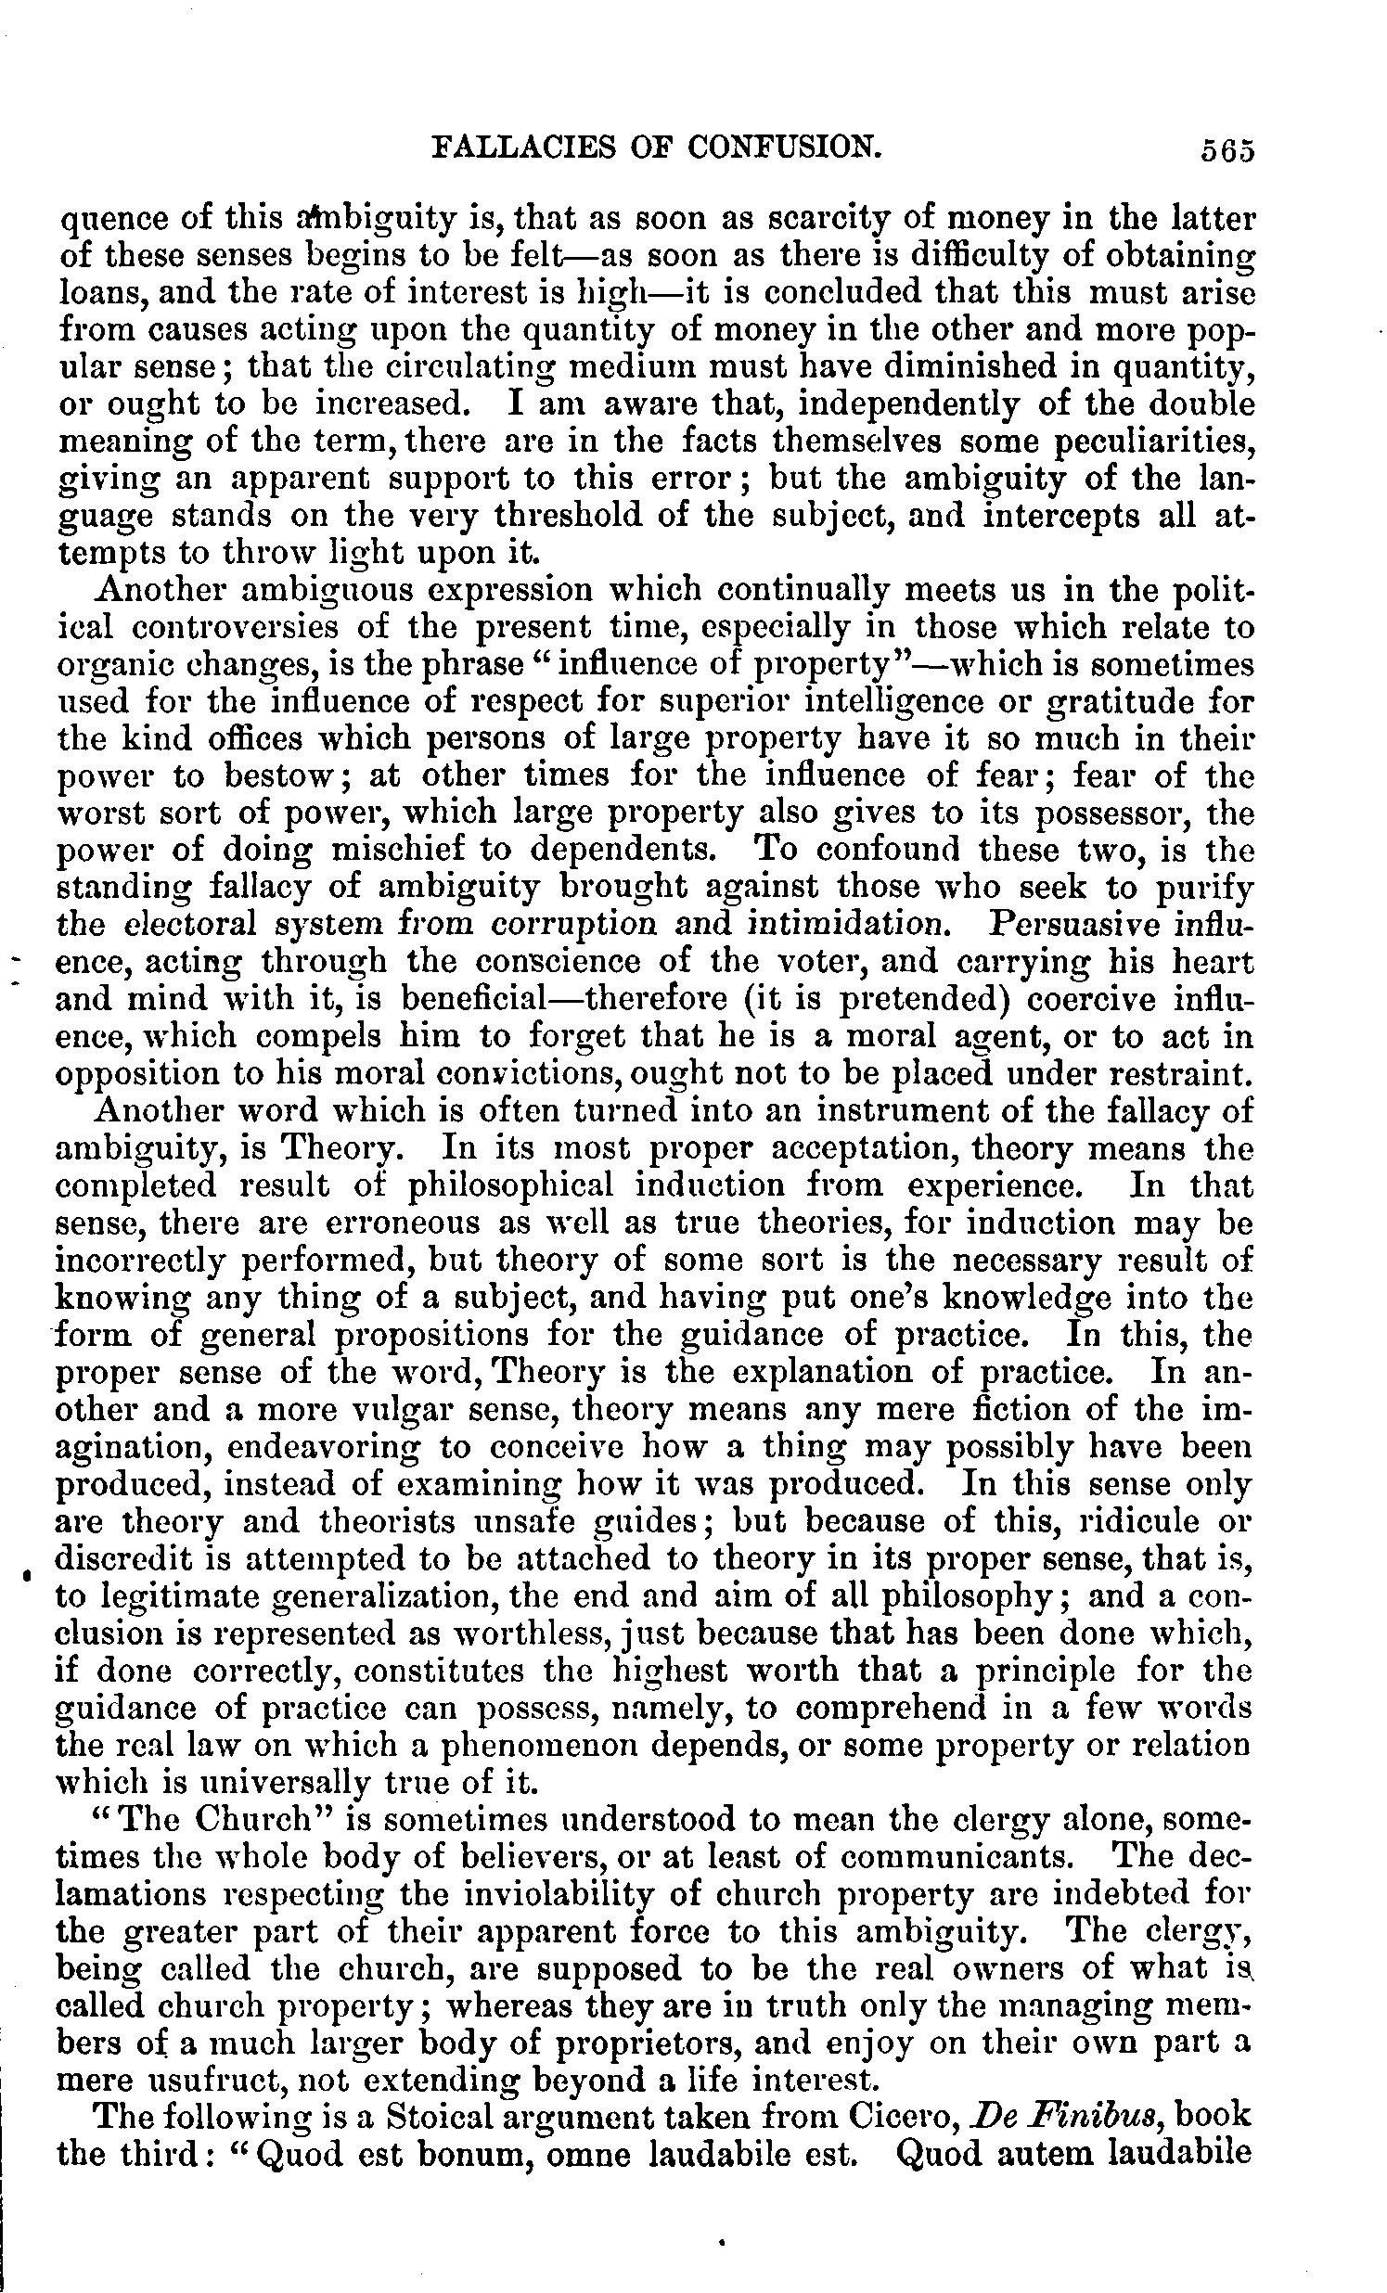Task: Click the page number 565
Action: [1226, 150]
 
